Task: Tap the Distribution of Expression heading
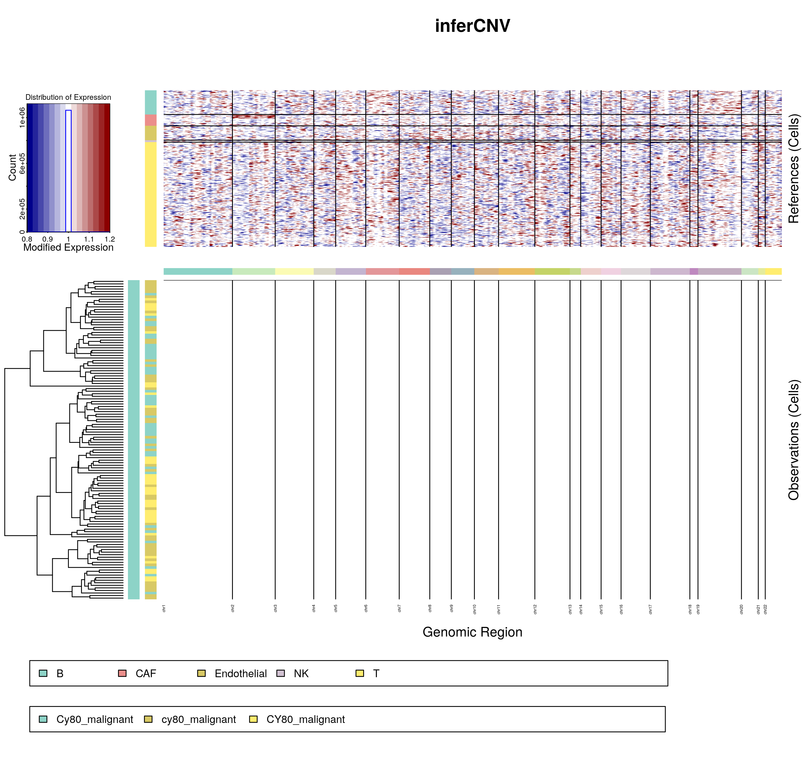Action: coord(68,97)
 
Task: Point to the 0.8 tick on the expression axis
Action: coord(27,239)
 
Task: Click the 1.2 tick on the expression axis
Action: coord(109,239)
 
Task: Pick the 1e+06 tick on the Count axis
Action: coord(22,117)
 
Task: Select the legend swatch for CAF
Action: coord(122,673)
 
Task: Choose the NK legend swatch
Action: coord(281,673)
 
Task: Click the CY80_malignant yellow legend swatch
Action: coord(253,719)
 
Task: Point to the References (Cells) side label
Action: coord(794,169)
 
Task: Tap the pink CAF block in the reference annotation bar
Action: coord(151,120)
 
